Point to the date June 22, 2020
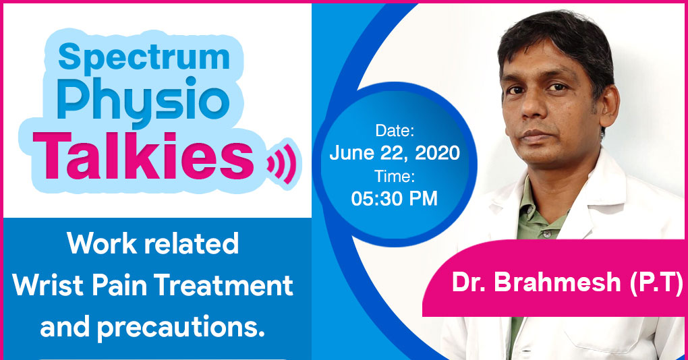tap(395, 152)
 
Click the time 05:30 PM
tap(395, 199)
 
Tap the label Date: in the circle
tap(395, 130)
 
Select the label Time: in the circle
tap(395, 176)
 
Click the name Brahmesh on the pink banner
tap(557, 282)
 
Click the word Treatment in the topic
tap(223, 285)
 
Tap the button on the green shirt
tap(547, 234)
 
